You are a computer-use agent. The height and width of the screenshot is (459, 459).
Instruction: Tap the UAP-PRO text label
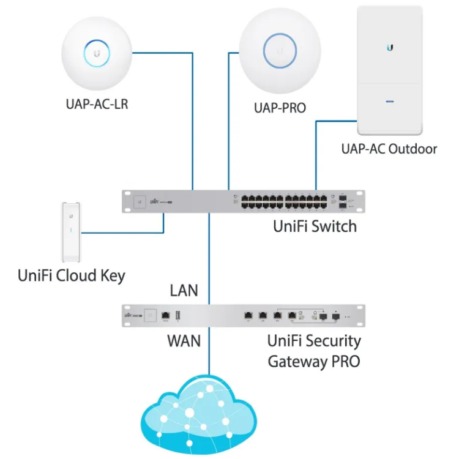280,108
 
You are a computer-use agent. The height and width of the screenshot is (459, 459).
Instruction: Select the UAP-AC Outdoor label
389,149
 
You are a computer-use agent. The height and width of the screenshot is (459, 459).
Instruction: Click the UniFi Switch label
315,226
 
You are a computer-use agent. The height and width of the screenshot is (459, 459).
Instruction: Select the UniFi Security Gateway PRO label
314,350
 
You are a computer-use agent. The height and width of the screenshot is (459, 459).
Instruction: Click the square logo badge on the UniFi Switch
140,201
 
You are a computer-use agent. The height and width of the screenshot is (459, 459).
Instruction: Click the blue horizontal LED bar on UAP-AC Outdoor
390,98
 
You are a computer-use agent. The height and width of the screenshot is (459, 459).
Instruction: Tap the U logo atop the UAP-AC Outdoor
390,47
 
